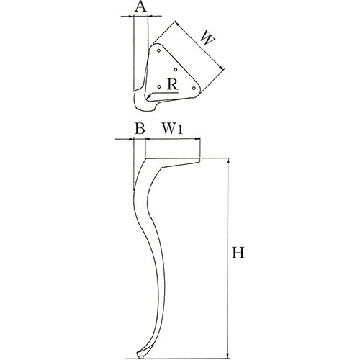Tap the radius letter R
[x=173, y=84]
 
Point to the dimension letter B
[x=140, y=128]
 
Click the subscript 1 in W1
[x=180, y=130]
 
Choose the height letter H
[x=238, y=253]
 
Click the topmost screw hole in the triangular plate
[x=158, y=50]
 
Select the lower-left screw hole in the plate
[x=159, y=86]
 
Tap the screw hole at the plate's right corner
[x=194, y=88]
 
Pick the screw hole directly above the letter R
[x=176, y=70]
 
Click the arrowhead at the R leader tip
[x=149, y=96]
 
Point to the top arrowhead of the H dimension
[x=228, y=161]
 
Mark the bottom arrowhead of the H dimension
[x=228, y=355]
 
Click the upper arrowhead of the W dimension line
[x=177, y=24]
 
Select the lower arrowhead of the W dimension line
[x=222, y=68]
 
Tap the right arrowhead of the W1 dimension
[x=198, y=138]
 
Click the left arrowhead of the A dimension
[x=131, y=16]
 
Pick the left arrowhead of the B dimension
[x=130, y=139]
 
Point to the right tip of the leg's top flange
[x=200, y=159]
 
